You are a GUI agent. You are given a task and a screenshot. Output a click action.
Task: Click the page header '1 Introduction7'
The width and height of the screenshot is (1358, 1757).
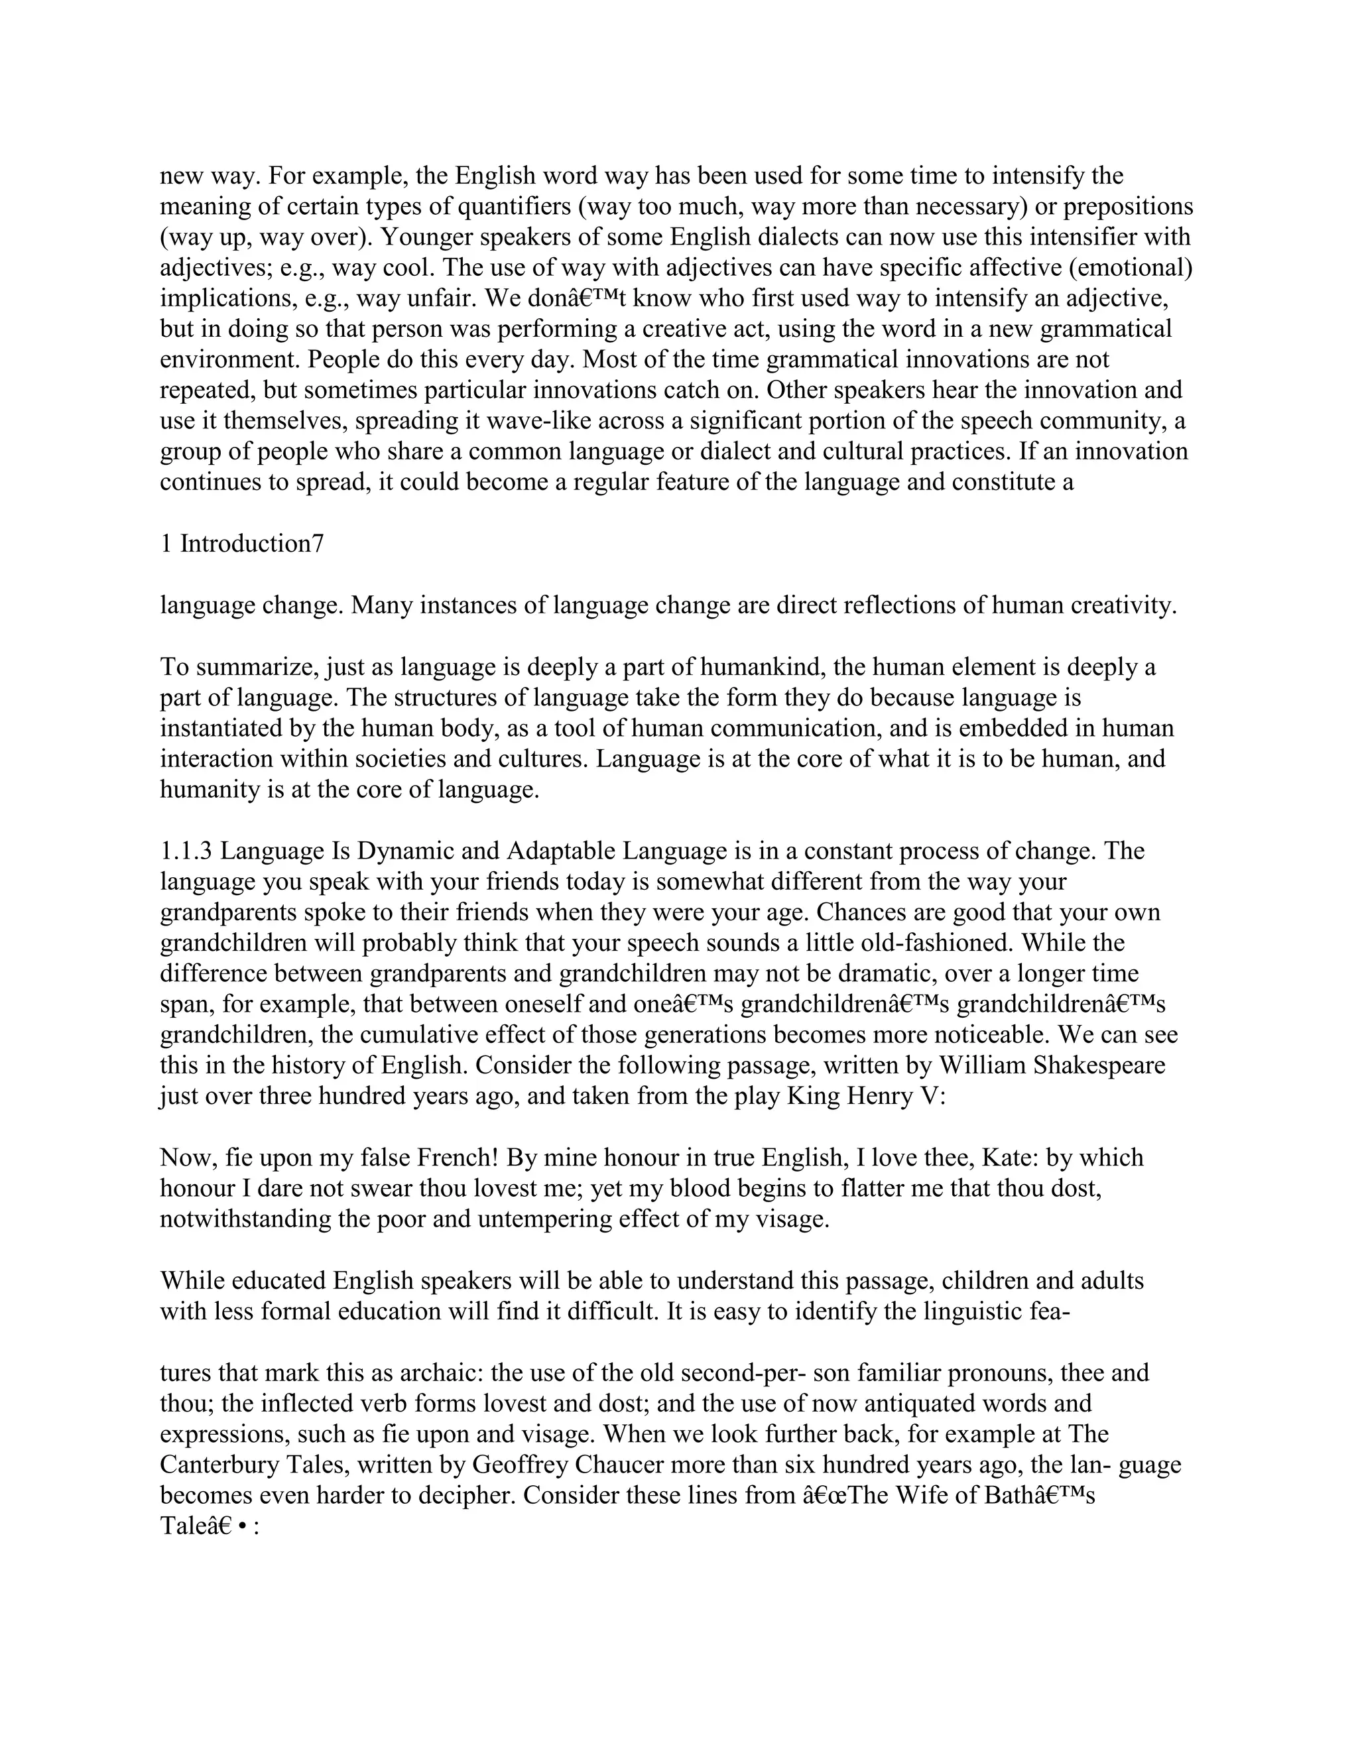(241, 544)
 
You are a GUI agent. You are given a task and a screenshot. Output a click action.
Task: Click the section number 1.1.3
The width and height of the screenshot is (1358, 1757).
(186, 851)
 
